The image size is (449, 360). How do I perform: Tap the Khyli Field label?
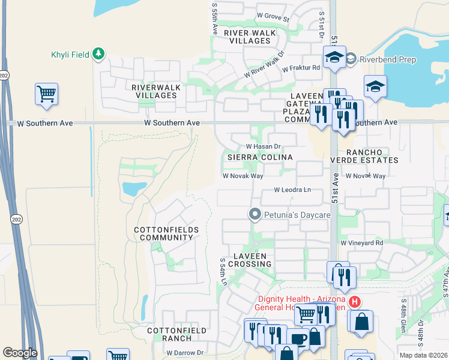tap(70, 55)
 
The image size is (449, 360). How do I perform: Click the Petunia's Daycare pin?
tap(255, 214)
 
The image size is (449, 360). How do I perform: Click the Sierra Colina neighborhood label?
tap(259, 157)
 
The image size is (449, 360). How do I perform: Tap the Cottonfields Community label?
tap(164, 233)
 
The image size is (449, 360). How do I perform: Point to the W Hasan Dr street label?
tap(264, 146)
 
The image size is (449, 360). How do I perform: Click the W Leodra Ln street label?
tap(292, 190)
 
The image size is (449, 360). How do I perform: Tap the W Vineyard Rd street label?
tap(361, 243)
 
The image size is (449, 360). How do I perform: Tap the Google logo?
tap(20, 353)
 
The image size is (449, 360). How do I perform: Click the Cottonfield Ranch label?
tap(177, 335)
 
